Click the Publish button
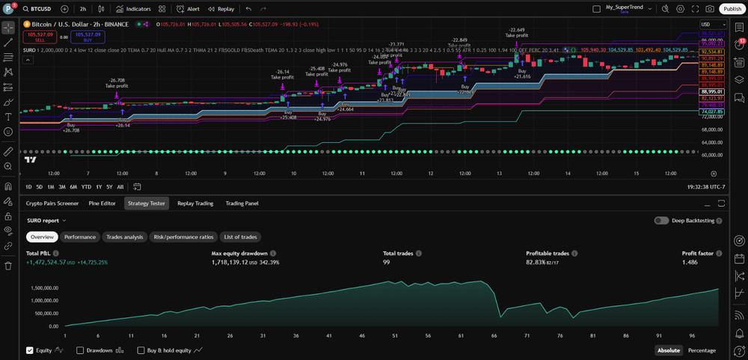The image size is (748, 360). [732, 9]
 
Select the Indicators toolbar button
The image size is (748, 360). [134, 9]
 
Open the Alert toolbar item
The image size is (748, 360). [188, 9]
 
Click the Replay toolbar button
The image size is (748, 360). [221, 9]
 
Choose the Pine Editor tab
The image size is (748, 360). [103, 203]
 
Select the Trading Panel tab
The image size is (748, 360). [242, 203]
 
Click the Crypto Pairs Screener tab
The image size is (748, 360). [52, 203]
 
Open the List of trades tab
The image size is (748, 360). [240, 237]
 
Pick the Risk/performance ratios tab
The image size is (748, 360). [183, 237]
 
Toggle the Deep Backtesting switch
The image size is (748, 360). [661, 221]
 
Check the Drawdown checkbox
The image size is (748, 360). [81, 350]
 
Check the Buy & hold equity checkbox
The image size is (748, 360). [141, 350]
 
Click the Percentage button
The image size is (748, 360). [701, 350]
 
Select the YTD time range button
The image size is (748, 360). [86, 186]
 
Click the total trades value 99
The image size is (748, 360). [387, 263]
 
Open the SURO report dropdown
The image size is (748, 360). [46, 221]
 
